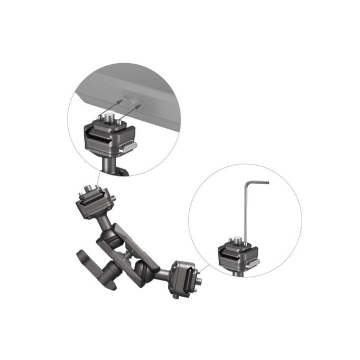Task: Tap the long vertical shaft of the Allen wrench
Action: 246,210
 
